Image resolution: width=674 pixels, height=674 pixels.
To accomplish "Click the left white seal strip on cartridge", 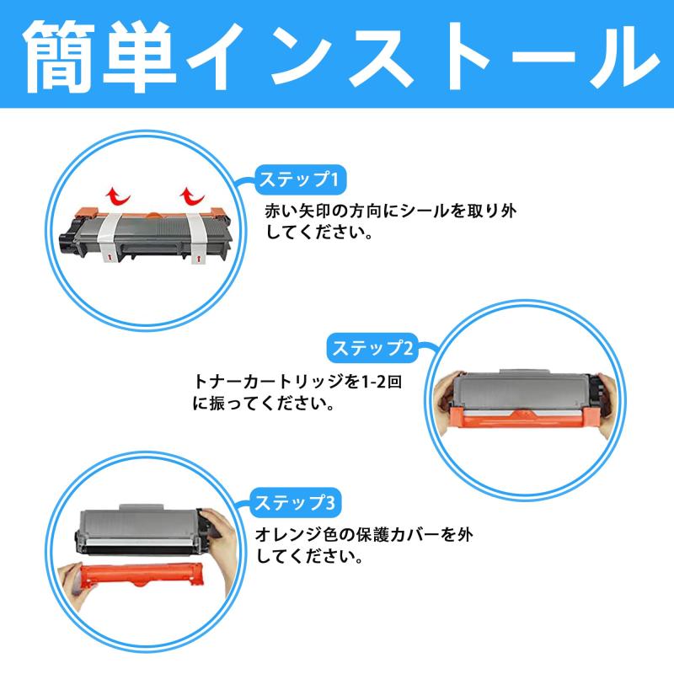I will pos(109,235).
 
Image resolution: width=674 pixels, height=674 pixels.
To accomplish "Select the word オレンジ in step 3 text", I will pos(290,534).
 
